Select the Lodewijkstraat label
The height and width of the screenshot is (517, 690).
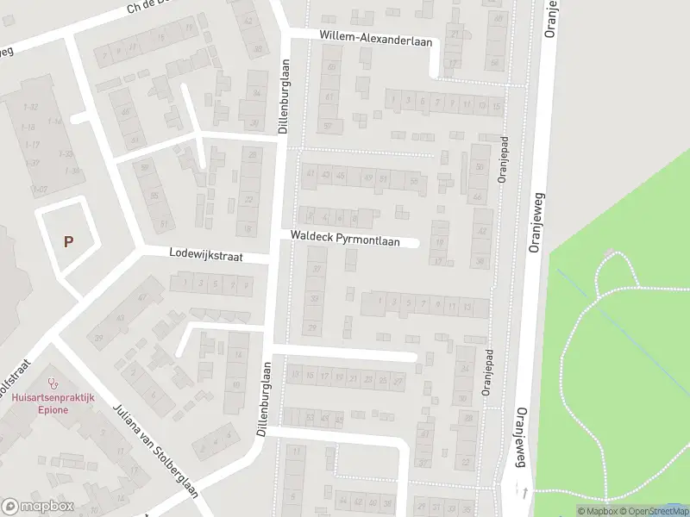207,256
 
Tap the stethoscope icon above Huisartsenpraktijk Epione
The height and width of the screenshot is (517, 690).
53,382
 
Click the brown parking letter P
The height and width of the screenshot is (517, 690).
68,242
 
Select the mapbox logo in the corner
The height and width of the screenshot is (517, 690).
38,506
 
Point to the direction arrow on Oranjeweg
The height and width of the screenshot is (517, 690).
526,492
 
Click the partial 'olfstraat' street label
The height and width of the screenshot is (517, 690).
16,386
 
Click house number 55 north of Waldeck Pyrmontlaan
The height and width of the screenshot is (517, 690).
414,180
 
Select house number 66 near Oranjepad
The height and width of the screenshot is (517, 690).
478,197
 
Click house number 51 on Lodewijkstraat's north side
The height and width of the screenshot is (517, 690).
164,226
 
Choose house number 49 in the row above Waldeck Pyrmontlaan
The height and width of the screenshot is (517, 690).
368,178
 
